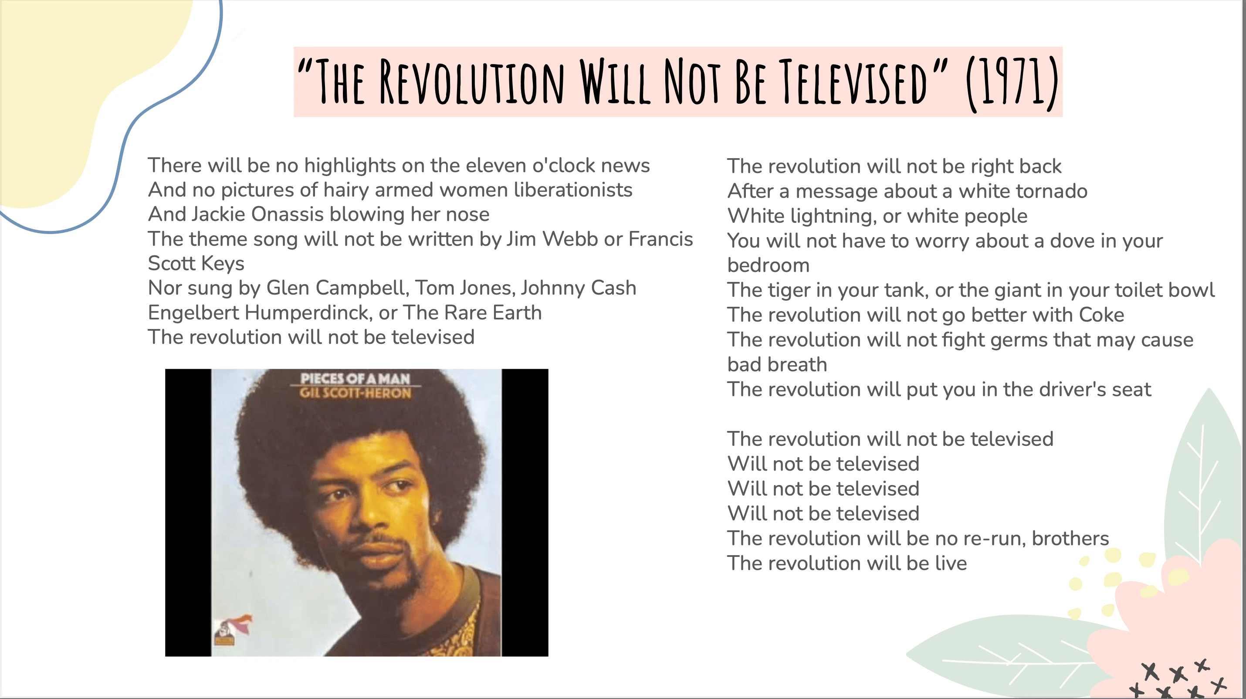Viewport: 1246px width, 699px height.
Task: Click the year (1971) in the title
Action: pyautogui.click(x=1012, y=83)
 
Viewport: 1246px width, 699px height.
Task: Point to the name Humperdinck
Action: pyautogui.click(x=308, y=312)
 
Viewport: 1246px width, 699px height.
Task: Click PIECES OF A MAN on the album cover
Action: pyautogui.click(x=356, y=378)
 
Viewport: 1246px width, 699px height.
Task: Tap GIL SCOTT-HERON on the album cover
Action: pyautogui.click(x=356, y=392)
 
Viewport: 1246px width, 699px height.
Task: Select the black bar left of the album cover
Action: pyautogui.click(x=188, y=512)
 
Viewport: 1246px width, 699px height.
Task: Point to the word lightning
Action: pyautogui.click(x=832, y=216)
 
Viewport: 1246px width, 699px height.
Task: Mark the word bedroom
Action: pyautogui.click(x=768, y=265)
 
